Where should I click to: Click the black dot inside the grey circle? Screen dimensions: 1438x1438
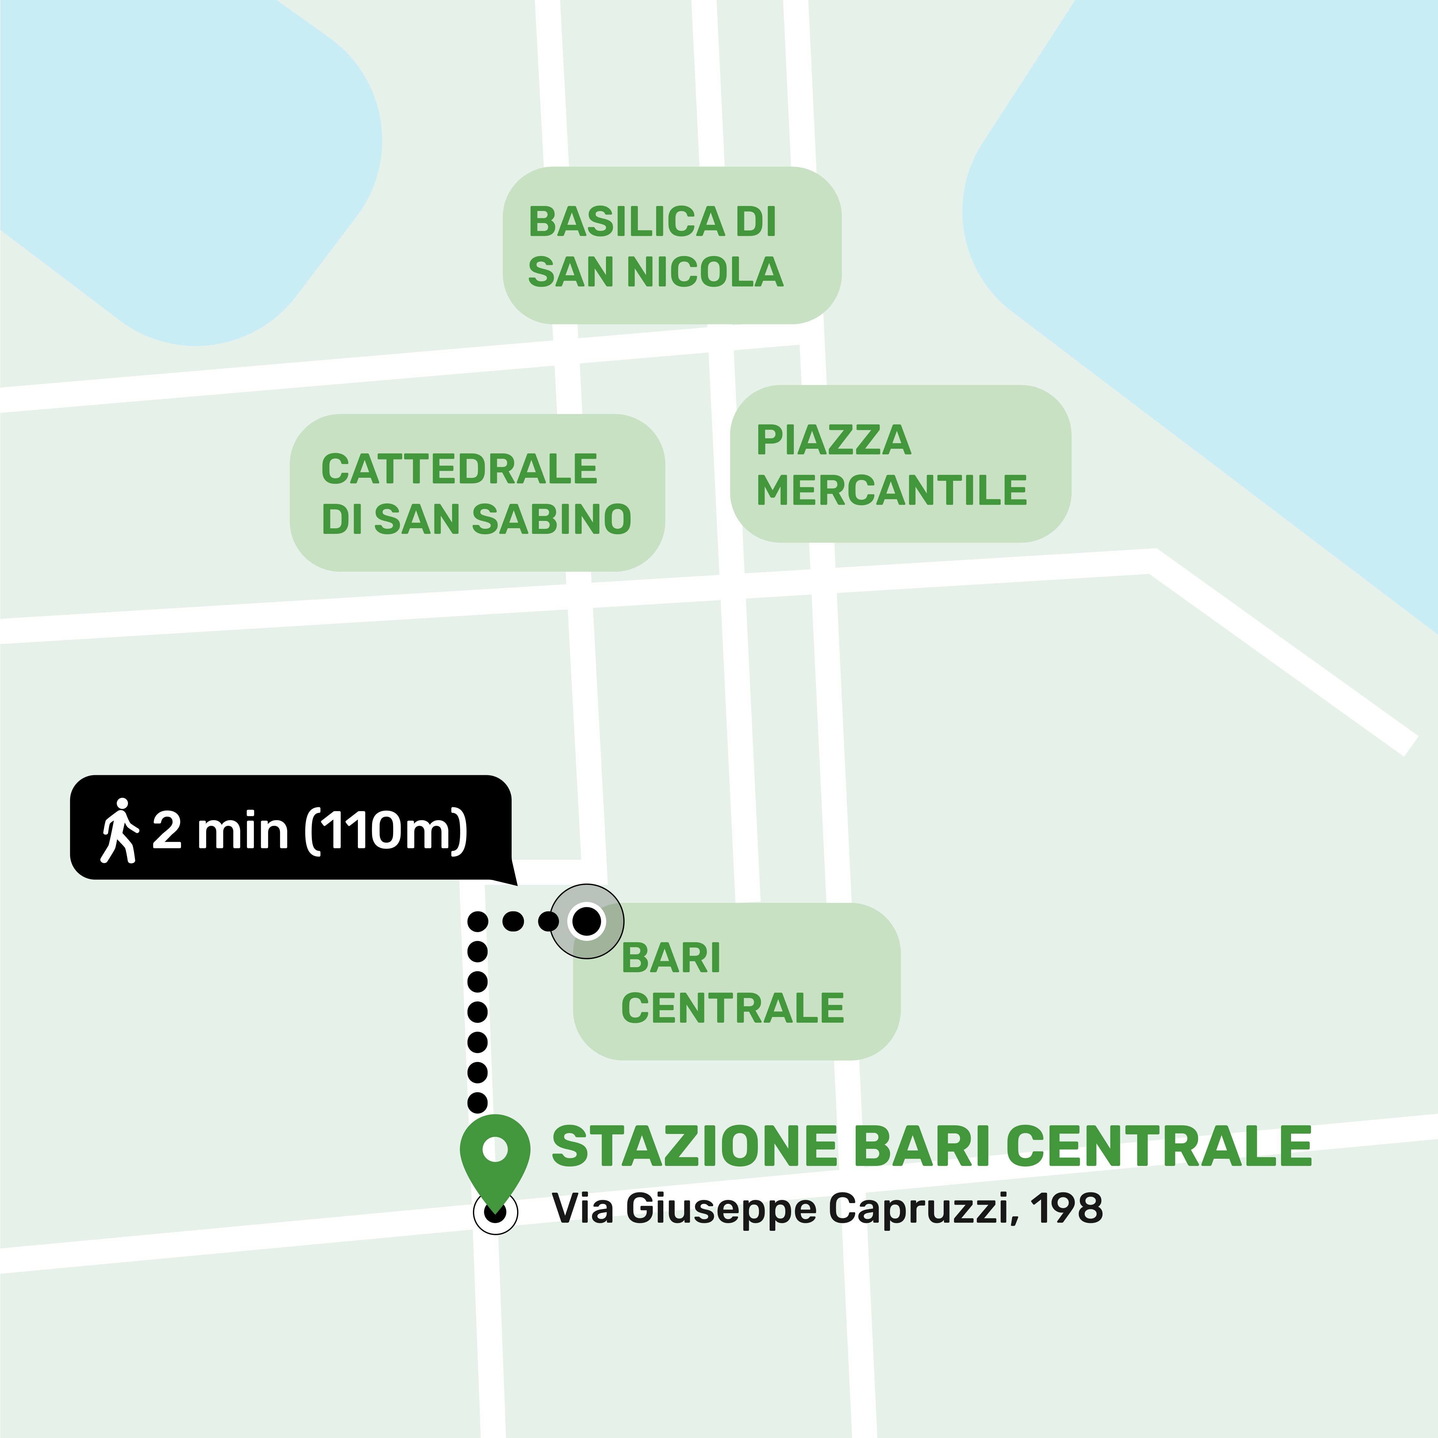point(586,921)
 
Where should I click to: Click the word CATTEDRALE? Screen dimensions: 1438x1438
point(459,469)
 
